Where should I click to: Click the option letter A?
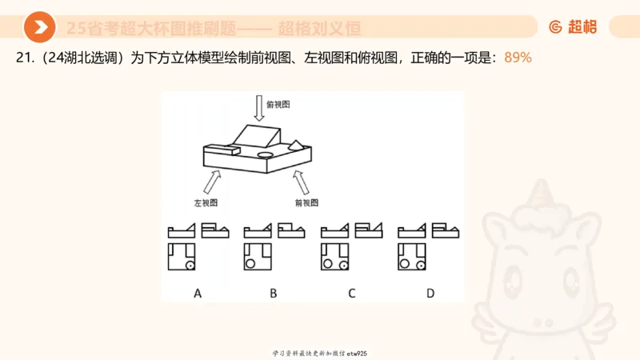click(x=198, y=293)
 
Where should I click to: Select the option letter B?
click(x=274, y=293)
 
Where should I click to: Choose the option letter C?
click(x=351, y=293)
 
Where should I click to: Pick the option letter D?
click(x=430, y=293)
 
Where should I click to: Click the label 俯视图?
click(x=278, y=105)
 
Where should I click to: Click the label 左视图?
click(x=206, y=203)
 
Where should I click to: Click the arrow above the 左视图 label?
click(x=211, y=182)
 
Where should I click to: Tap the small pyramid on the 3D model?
click(x=296, y=145)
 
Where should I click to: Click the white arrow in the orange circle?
click(x=39, y=28)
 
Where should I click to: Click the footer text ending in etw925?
click(x=319, y=353)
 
